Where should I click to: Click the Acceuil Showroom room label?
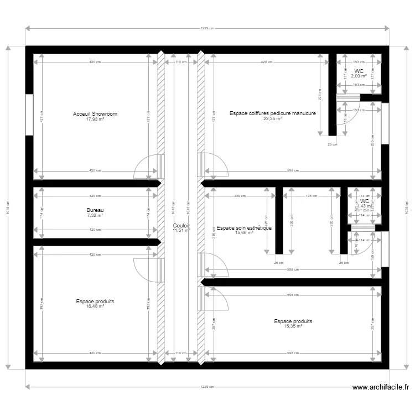[x=95, y=114]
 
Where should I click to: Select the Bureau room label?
[x=95, y=211]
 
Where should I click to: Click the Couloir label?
[x=181, y=226]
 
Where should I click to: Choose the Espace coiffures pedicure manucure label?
[x=273, y=113]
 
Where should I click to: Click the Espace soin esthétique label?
[x=244, y=227]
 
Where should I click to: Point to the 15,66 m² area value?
[x=244, y=232]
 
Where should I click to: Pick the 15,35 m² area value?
[x=293, y=326]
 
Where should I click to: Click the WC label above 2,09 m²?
[x=359, y=71]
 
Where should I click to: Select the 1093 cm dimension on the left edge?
[x=8, y=207]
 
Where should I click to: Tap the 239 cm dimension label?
[x=240, y=196]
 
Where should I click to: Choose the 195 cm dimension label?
[x=311, y=196]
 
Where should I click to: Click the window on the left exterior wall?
[x=29, y=115]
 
